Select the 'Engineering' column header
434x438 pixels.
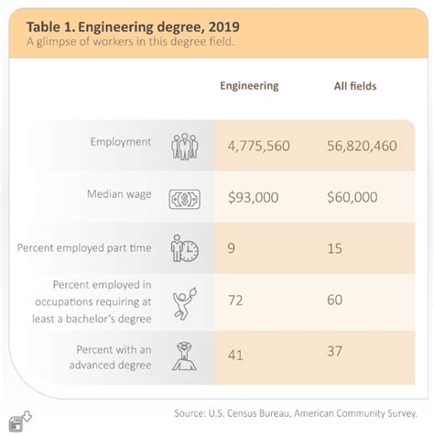pyautogui.click(x=249, y=85)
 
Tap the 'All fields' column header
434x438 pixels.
pyautogui.click(x=354, y=85)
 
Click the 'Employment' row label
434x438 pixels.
pyautogui.click(x=120, y=142)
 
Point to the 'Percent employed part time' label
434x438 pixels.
pyautogui.click(x=84, y=247)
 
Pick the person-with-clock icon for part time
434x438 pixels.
pyautogui.click(x=184, y=248)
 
